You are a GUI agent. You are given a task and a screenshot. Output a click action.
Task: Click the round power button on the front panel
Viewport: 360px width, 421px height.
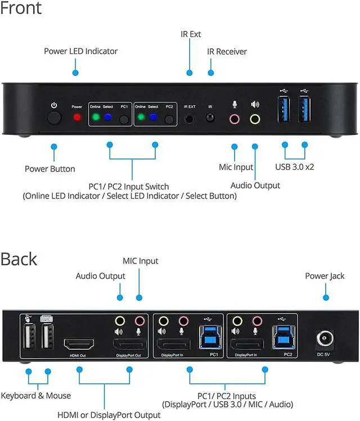tap(54, 118)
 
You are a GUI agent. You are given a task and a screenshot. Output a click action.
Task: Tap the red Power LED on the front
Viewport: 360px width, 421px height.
tap(77, 118)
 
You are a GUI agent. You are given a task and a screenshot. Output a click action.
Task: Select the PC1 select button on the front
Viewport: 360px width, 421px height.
tap(124, 119)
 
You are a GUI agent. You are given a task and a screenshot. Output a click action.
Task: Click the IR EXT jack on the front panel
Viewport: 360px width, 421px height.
tap(190, 119)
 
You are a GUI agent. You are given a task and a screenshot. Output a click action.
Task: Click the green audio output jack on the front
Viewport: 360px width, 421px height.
tap(255, 119)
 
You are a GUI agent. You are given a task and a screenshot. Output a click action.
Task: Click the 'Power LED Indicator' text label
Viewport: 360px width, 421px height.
tap(80, 51)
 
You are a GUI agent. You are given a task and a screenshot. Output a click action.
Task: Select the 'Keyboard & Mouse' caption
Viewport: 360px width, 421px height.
tap(36, 396)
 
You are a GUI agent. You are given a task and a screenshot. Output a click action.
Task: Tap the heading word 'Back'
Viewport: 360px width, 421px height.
tap(19, 259)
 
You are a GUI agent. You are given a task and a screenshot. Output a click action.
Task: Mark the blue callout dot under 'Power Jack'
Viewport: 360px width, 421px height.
tap(325, 297)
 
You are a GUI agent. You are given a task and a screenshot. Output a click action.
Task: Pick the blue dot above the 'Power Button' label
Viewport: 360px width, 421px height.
tap(54, 146)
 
